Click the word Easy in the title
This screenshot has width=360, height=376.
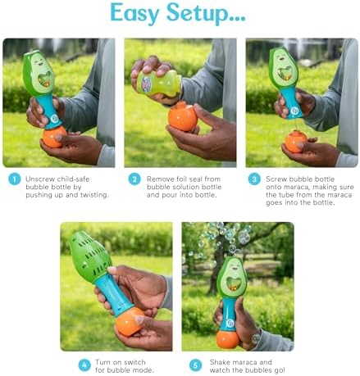point(134,13)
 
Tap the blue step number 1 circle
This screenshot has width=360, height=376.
point(15,179)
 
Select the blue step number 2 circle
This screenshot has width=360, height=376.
point(134,179)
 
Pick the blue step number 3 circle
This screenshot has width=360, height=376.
point(254,179)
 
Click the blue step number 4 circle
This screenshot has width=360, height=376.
point(84,365)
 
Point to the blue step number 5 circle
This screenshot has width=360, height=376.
point(195,365)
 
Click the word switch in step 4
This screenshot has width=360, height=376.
point(134,362)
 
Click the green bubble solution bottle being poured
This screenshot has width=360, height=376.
point(159,83)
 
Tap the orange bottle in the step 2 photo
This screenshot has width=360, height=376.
point(183,116)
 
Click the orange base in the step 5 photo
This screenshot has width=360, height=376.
point(227,339)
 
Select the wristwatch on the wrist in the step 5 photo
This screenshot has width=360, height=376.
point(256,338)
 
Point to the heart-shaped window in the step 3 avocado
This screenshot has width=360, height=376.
point(284,74)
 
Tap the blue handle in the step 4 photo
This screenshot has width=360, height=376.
point(114,294)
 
